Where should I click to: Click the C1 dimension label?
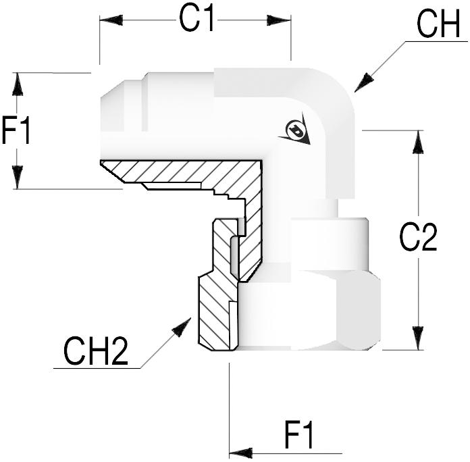pos(197,20)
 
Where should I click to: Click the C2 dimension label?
pos(419,238)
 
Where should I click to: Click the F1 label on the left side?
pos(16,130)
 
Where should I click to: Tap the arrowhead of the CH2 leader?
pos(182,327)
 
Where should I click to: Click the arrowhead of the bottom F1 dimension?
pos(240,452)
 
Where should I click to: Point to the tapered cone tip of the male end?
pos(113,101)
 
